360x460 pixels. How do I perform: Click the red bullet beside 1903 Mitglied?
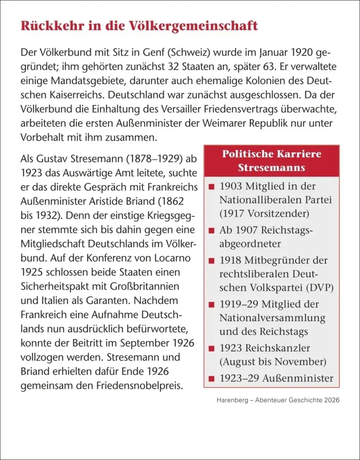pyautogui.click(x=211, y=187)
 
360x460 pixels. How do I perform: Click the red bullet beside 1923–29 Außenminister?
pyautogui.click(x=211, y=379)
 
